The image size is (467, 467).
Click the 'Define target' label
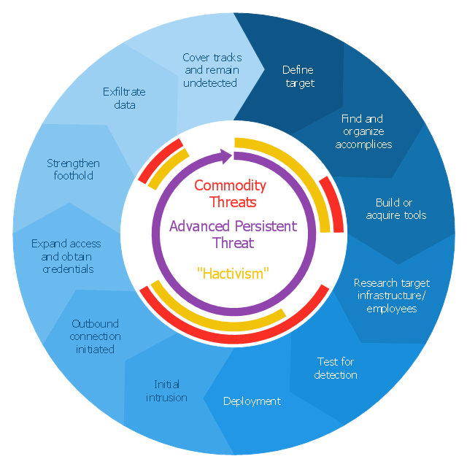(x=298, y=77)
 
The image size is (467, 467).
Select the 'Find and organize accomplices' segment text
(x=363, y=131)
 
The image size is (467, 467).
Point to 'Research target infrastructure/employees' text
(x=391, y=296)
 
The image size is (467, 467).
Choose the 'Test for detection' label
(x=336, y=368)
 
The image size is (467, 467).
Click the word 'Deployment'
(x=252, y=401)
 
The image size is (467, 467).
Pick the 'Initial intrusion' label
(x=166, y=390)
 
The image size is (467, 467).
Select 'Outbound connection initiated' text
(x=96, y=336)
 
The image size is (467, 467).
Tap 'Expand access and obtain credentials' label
(x=66, y=256)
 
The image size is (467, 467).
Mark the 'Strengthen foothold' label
(x=73, y=169)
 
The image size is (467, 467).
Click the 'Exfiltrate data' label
(x=124, y=99)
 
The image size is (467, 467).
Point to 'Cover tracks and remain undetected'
(x=212, y=70)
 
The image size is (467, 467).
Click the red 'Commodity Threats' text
(x=230, y=193)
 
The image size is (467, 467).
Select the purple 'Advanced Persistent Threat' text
(x=233, y=233)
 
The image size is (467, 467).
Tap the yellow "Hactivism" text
(x=233, y=274)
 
